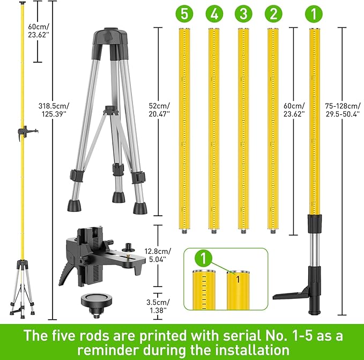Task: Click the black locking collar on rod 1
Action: point(314,222)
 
